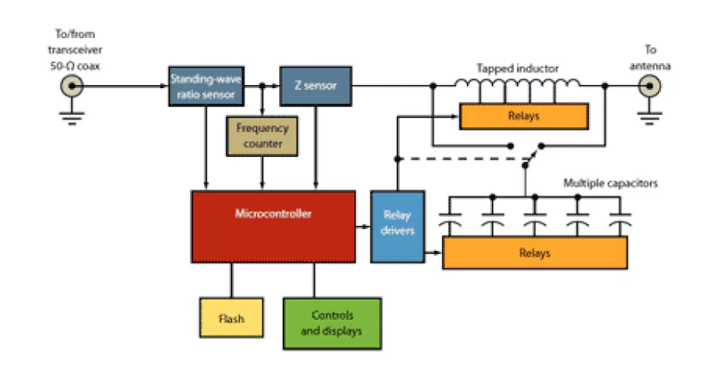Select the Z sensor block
point(315,86)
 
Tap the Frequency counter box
point(261,135)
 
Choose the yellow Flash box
point(231,319)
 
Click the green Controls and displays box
point(331,321)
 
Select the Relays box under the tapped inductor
point(523,116)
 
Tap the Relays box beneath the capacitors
point(535,252)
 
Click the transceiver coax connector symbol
point(70,87)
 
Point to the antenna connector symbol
point(650,87)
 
